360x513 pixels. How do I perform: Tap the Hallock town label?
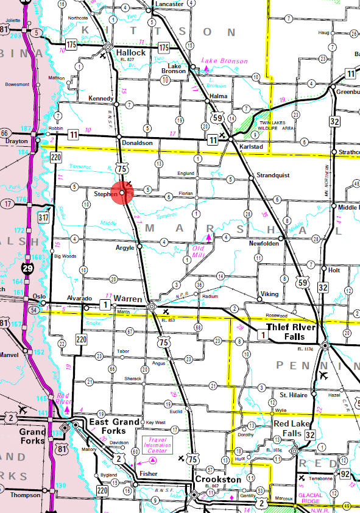(x=130, y=53)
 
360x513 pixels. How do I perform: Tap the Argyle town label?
(x=124, y=248)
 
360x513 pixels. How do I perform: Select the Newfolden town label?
(x=263, y=243)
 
